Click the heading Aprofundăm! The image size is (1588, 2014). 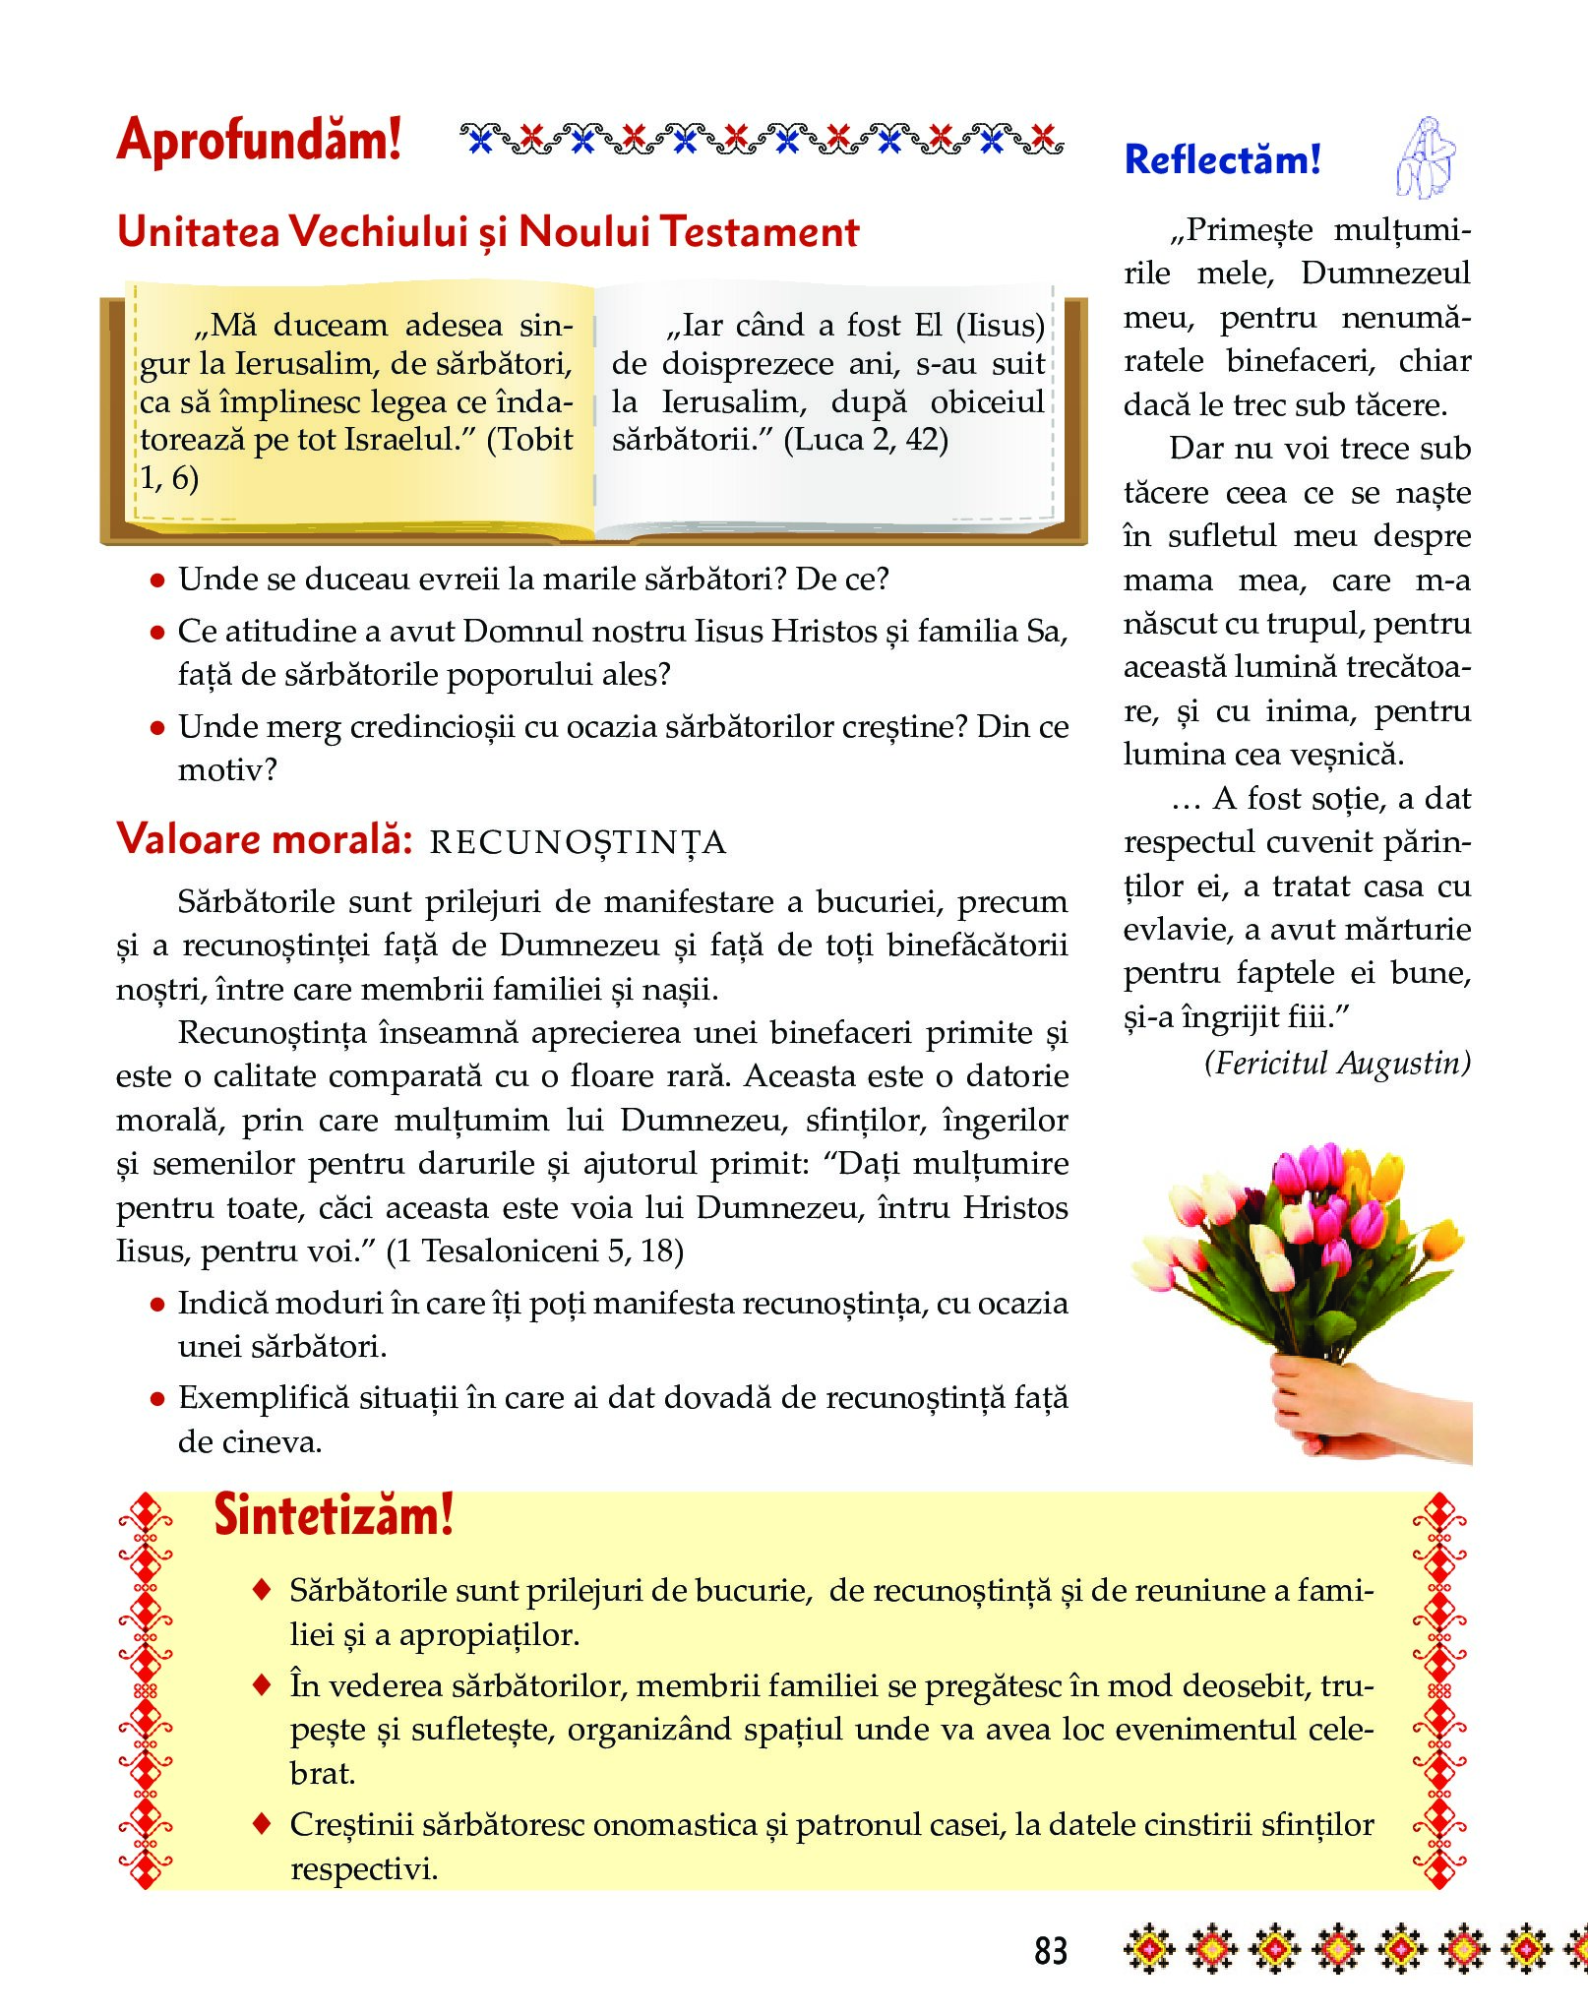tap(259, 139)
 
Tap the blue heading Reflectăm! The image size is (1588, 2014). tap(1222, 159)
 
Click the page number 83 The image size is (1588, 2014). tap(1050, 1950)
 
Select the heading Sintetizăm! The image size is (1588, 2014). tap(334, 1516)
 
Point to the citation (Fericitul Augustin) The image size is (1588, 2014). tap(1337, 1063)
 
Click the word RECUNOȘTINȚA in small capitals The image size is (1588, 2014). tap(579, 843)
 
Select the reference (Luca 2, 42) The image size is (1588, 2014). tap(866, 439)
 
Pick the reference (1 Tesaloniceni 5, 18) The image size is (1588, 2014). tap(534, 1251)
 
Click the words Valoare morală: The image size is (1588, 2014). tap(264, 839)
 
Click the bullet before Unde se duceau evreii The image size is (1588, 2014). tap(156, 581)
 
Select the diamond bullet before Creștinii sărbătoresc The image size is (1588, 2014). tap(262, 1823)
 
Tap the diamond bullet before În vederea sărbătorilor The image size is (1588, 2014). tap(262, 1685)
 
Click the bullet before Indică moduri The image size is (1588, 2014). tap(156, 1306)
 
